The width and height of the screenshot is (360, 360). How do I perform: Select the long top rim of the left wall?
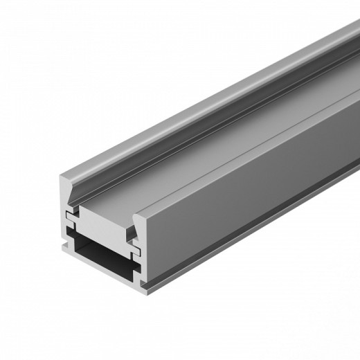208,104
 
